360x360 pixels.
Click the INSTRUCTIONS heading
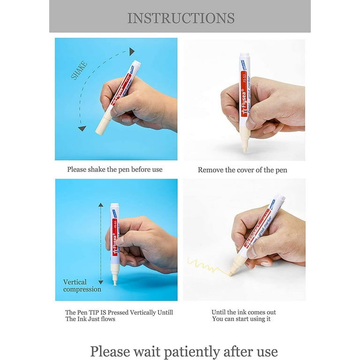point(180,18)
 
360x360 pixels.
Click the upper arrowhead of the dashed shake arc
point(132,52)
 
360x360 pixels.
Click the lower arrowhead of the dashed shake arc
point(82,127)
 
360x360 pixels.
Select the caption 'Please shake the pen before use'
point(114,169)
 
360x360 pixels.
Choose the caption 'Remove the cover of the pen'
point(242,170)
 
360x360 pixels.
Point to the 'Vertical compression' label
point(82,285)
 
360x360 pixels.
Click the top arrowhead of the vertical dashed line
point(100,205)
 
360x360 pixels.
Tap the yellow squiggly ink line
point(206,266)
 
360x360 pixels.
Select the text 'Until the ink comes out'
point(243,312)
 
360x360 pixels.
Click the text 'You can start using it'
point(241,319)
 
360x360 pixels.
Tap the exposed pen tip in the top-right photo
point(244,150)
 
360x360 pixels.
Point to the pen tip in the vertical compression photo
point(115,282)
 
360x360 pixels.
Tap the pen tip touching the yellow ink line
point(232,272)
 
